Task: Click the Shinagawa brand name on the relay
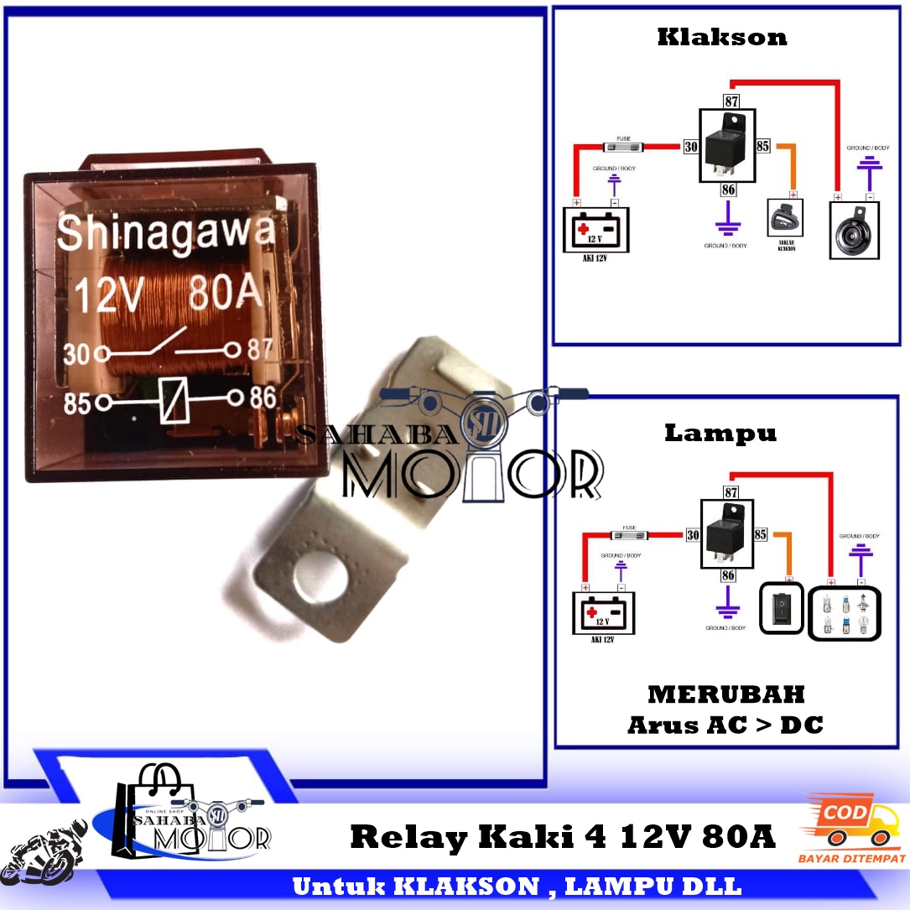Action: (x=165, y=232)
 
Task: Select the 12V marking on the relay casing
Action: (x=110, y=296)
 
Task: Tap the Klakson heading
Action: (x=721, y=37)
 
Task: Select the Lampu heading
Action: (x=720, y=433)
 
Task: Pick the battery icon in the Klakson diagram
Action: (x=596, y=230)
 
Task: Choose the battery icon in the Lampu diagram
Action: (x=603, y=613)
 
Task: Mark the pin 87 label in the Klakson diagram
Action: (x=731, y=101)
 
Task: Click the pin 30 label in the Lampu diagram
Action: (x=693, y=534)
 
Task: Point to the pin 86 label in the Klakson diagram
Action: (x=728, y=190)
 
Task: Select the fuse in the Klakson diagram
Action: (x=623, y=146)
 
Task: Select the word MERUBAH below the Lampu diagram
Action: (x=725, y=694)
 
